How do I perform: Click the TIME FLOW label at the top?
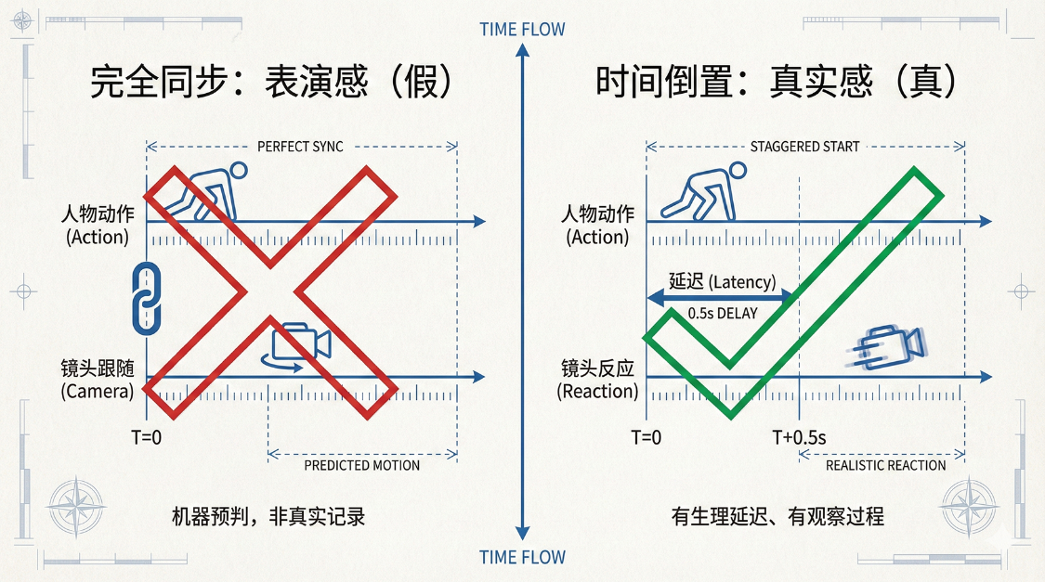tap(522, 30)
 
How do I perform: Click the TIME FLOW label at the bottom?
tap(522, 557)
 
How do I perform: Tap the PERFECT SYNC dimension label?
tap(301, 147)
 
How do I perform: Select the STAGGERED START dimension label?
tap(804, 147)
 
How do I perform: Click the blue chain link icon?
tap(147, 298)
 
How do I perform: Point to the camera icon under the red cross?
tap(296, 345)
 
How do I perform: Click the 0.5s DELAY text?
tap(723, 314)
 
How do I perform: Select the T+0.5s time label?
tap(799, 437)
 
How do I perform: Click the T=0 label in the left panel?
tap(146, 437)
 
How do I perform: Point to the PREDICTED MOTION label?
tap(362, 465)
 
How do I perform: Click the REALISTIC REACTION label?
tap(886, 465)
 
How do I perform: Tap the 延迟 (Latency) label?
tap(723, 281)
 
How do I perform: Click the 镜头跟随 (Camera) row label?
tap(98, 380)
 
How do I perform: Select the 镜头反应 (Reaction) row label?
tap(597, 380)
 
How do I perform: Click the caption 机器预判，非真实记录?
tap(268, 517)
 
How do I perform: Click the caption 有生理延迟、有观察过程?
tap(777, 517)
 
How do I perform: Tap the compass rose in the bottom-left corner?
tap(77, 508)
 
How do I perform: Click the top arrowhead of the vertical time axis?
tap(522, 49)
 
